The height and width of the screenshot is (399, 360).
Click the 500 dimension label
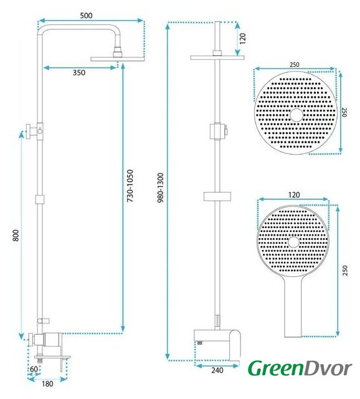click(86, 16)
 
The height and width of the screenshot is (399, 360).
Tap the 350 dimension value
click(79, 73)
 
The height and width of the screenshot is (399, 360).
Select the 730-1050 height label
click(130, 186)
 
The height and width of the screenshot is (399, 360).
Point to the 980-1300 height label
click(161, 188)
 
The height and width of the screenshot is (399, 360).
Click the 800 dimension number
click(16, 236)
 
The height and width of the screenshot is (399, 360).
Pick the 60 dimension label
click(34, 368)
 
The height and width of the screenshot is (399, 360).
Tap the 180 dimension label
click(47, 384)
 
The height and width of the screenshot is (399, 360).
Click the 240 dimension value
click(217, 370)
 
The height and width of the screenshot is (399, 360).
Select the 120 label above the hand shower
click(294, 195)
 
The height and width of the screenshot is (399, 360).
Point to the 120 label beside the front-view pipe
click(243, 39)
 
